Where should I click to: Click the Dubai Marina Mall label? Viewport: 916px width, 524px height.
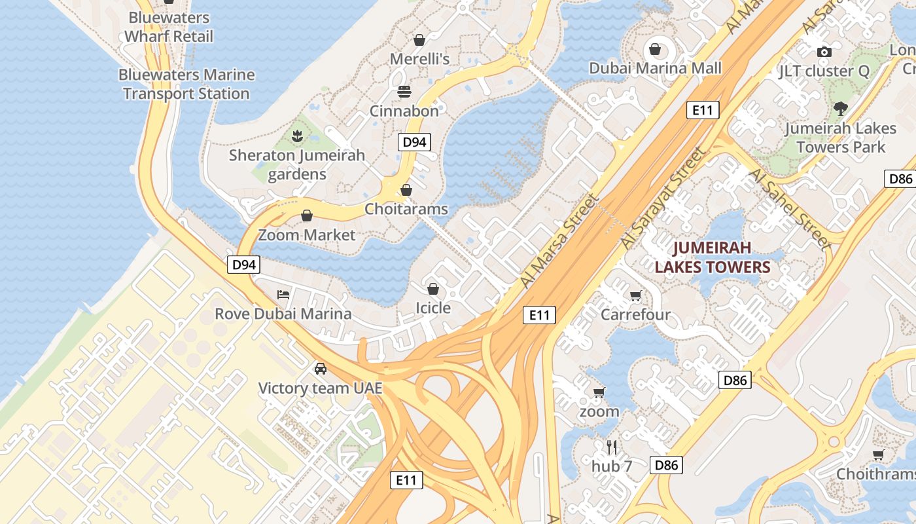(x=655, y=68)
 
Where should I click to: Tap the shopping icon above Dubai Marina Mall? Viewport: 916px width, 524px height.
(x=654, y=49)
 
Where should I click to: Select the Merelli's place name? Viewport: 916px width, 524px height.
(x=419, y=59)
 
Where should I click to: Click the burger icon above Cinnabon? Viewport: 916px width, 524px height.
(x=404, y=91)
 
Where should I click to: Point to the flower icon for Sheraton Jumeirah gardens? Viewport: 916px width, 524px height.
(x=298, y=136)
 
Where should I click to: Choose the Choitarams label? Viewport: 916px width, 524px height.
(x=406, y=209)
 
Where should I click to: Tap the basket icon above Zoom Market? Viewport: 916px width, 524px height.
(x=306, y=215)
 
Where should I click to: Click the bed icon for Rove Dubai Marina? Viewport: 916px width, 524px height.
(x=283, y=294)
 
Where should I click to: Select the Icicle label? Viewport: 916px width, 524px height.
(x=433, y=307)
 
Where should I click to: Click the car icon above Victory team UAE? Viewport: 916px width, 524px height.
(x=320, y=368)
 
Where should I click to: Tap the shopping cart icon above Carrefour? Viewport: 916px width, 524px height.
(x=635, y=295)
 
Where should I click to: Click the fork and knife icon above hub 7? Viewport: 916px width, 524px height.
(x=612, y=447)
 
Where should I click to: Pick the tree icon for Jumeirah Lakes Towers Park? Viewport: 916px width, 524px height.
(x=840, y=109)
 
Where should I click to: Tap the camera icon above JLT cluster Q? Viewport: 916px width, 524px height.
(x=824, y=52)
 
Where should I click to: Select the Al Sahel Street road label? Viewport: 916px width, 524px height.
(x=790, y=208)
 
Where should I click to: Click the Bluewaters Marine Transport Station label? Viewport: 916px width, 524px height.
(x=186, y=84)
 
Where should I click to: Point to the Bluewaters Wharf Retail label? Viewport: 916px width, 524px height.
(x=169, y=27)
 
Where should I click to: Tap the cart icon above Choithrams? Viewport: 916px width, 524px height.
(x=878, y=455)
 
